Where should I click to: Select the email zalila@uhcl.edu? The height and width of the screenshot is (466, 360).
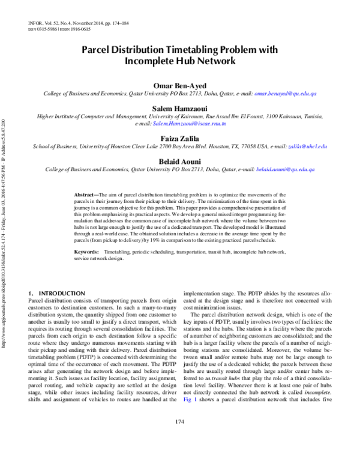(x=308, y=147)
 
